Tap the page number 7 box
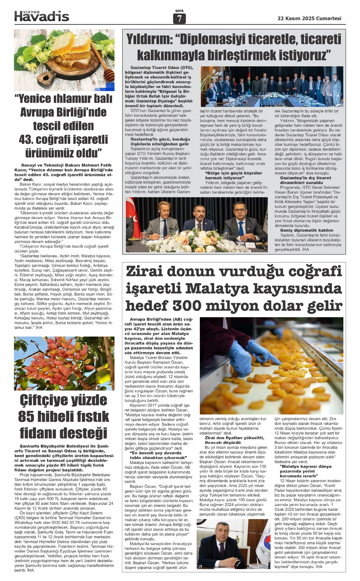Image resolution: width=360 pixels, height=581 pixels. [179, 19]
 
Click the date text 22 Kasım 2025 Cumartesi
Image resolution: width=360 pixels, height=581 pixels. [309, 18]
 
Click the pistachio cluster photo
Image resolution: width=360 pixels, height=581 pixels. [64, 363]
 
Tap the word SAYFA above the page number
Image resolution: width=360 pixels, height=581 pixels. [179, 11]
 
